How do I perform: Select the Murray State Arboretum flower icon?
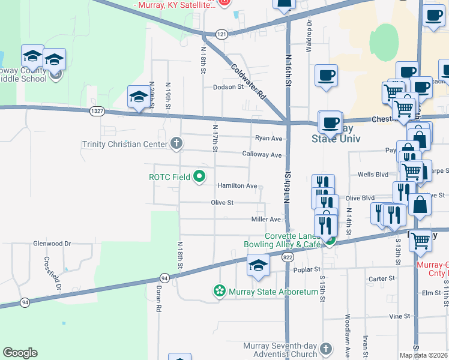click(219, 292)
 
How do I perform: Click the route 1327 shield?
click(97, 111)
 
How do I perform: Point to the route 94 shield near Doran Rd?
click(164, 278)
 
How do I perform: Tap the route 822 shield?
click(288, 257)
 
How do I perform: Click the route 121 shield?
click(222, 35)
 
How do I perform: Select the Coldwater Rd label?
click(248, 82)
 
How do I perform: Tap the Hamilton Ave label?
click(237, 186)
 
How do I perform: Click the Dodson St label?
click(228, 87)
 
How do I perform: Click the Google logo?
click(20, 353)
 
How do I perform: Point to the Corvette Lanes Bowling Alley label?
click(283, 241)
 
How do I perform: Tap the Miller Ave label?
click(266, 220)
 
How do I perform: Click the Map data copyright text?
click(424, 355)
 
